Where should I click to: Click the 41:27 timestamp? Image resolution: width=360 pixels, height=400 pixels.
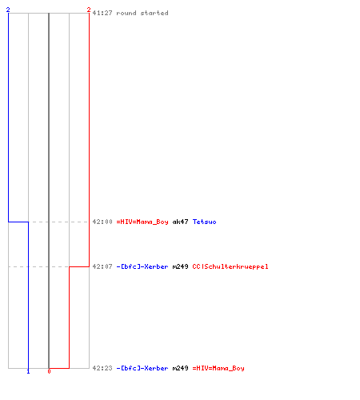(102, 13)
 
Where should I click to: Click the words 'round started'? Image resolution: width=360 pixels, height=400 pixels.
(142, 13)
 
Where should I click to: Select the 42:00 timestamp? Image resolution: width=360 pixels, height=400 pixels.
(102, 222)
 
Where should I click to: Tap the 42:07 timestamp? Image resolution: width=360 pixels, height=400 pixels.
(102, 266)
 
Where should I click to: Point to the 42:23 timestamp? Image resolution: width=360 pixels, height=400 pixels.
(102, 368)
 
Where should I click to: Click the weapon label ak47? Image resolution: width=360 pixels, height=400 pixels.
(180, 222)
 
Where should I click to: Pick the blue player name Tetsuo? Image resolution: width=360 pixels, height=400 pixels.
(204, 222)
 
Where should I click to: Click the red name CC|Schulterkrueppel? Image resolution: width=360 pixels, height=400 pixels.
(230, 266)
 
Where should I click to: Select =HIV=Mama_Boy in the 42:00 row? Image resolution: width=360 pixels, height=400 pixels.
(142, 222)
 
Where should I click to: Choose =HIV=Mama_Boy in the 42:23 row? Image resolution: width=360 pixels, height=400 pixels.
(218, 368)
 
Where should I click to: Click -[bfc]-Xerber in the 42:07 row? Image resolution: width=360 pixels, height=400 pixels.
(142, 266)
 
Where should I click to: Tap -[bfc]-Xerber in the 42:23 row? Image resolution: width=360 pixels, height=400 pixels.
(142, 368)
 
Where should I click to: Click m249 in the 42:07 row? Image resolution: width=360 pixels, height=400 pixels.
(180, 266)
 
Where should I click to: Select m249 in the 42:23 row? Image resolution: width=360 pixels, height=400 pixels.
(180, 368)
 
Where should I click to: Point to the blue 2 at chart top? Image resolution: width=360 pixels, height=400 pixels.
(8, 10)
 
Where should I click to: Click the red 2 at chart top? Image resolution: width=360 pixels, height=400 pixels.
(89, 10)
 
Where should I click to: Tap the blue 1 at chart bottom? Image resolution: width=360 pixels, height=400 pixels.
(28, 371)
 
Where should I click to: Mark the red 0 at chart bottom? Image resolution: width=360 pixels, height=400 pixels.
(49, 371)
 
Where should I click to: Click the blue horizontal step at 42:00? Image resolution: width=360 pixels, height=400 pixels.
(18, 222)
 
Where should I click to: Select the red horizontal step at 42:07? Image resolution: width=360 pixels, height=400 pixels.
(79, 266)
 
